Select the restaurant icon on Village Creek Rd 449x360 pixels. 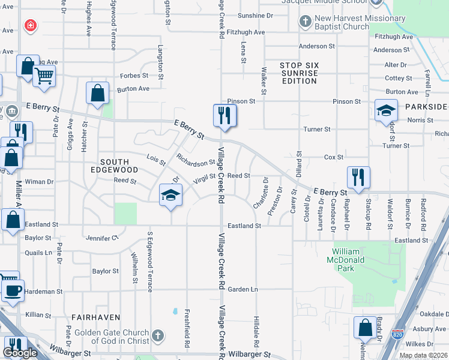pos(224,115)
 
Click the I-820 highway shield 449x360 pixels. pos(398,334)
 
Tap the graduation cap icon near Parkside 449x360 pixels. pos(386,111)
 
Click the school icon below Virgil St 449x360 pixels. pos(170,196)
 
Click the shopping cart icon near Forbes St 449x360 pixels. pos(44,76)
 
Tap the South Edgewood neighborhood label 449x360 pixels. pos(115,162)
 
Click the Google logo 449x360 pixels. pos(20,353)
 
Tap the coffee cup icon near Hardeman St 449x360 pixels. pos(12,291)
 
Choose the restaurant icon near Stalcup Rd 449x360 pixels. pos(358,178)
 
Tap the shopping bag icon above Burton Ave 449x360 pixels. pos(97,93)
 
